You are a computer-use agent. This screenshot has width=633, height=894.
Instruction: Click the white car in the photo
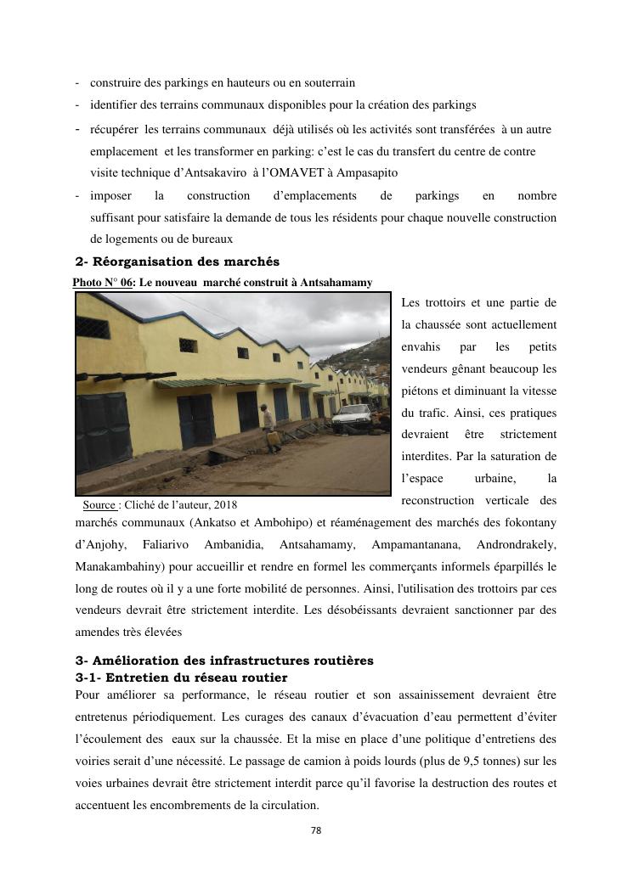353,417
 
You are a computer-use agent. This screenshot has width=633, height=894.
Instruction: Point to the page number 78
316,830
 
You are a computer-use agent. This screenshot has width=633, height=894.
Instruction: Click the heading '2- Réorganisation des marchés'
177,261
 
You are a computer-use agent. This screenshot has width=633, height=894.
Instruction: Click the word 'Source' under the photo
99,504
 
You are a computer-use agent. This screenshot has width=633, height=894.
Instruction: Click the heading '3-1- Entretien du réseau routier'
181,678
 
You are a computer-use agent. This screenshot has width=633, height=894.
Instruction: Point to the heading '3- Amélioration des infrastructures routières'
224,661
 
